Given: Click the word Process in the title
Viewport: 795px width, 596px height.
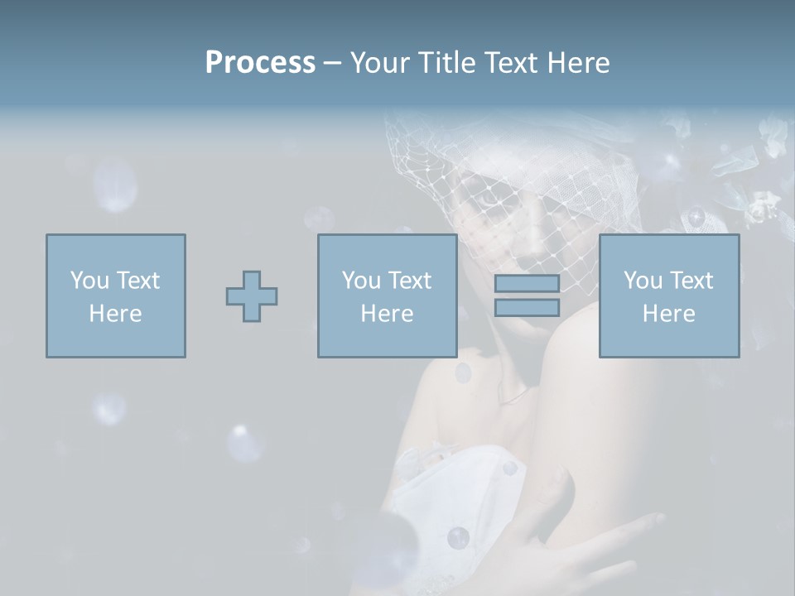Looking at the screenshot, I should (260, 63).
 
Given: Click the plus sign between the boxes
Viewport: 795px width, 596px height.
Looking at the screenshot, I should (252, 296).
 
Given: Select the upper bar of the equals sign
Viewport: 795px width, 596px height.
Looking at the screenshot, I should (527, 284).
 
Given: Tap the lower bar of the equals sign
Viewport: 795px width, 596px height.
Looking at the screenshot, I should (527, 308).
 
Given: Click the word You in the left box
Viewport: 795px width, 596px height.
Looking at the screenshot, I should (89, 281).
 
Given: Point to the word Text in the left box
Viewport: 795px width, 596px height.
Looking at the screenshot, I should (137, 281).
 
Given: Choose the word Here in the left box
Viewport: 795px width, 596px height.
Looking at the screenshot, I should (115, 314).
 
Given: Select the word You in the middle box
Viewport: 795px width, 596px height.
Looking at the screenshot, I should (361, 281).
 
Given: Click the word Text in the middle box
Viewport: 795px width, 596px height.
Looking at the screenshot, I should (409, 281).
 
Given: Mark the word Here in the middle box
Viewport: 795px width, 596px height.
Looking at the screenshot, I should (387, 314).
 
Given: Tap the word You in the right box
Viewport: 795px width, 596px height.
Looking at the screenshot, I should (643, 281).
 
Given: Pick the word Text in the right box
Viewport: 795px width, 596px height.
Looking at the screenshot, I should (691, 281).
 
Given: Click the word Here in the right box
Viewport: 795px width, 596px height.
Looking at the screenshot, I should (668, 314).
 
